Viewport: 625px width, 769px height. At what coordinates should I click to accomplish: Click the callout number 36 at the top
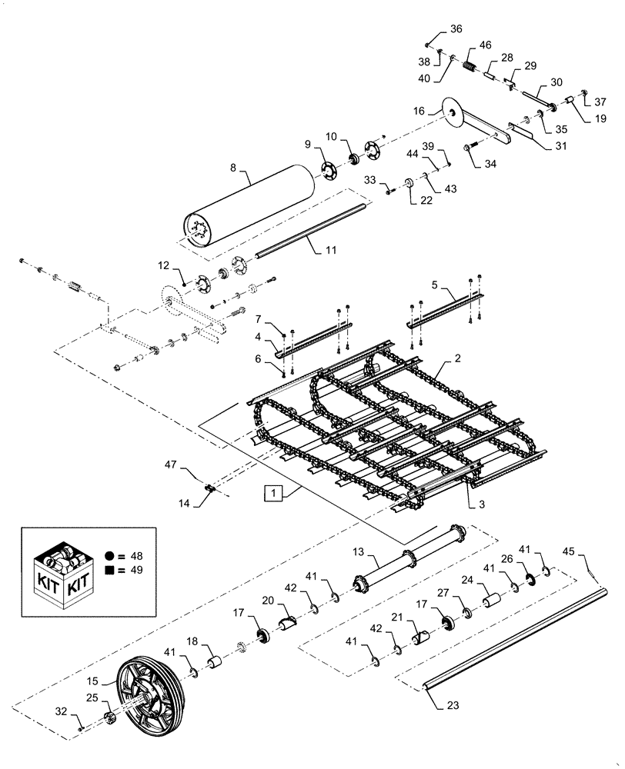456,29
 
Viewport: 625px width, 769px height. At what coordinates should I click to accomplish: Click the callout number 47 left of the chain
171,465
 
